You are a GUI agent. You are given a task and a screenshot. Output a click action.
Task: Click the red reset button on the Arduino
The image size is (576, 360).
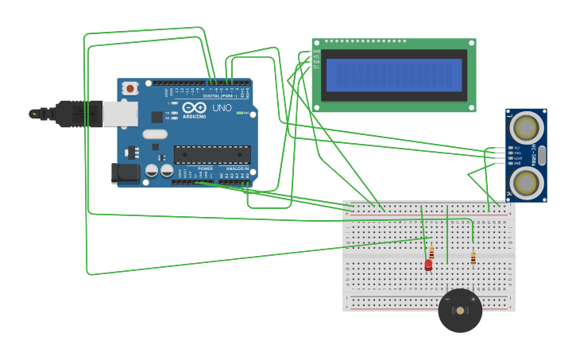click(x=129, y=88)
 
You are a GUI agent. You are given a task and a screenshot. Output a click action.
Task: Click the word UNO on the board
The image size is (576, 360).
click(x=222, y=108)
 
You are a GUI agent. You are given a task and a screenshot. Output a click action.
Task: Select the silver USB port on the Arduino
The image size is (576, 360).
click(x=119, y=114)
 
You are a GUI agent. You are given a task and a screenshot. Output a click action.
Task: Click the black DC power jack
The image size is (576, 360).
click(x=125, y=172)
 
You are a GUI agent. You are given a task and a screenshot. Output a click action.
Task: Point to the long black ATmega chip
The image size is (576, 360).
click(x=212, y=155)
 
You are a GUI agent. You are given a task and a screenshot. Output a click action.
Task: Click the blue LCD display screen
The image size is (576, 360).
click(x=393, y=75)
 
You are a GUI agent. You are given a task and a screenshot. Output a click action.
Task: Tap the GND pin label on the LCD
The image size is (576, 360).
click(x=316, y=52)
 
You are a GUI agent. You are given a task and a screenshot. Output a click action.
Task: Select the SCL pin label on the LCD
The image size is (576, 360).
click(x=316, y=67)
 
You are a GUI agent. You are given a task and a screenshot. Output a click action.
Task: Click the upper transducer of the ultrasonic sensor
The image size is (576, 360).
click(x=525, y=127)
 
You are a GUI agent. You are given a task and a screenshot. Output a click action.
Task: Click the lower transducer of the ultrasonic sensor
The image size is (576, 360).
click(x=525, y=183)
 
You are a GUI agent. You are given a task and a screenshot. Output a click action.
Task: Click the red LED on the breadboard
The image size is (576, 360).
click(x=428, y=265)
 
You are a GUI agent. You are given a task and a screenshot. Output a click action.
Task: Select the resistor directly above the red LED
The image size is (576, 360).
click(x=431, y=252)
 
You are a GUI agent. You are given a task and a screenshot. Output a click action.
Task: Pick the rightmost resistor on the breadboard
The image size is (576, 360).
click(x=473, y=257)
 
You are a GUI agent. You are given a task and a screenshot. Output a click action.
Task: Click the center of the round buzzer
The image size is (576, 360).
click(x=460, y=311)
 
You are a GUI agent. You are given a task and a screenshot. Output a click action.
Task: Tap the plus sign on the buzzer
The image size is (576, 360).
click(x=473, y=300)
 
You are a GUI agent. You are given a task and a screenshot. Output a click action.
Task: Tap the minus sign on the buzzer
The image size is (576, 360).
click(x=447, y=300)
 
